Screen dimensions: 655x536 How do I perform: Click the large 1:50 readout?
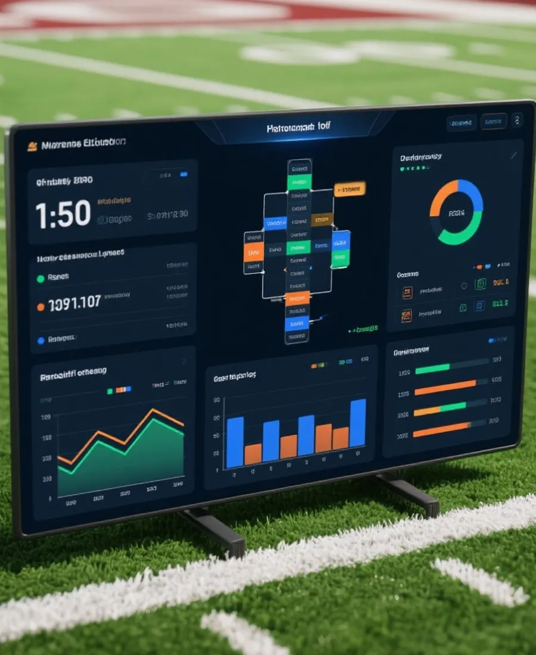click(63, 214)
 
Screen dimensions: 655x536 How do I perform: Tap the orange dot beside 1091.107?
click(40, 307)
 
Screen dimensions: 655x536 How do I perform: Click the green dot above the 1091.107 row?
click(40, 278)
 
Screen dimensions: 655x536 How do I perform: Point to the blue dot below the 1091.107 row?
click(40, 341)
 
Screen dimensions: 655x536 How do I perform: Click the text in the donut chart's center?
click(456, 213)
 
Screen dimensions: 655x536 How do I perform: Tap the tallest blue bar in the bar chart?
click(358, 423)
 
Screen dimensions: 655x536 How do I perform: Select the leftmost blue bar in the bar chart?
click(235, 442)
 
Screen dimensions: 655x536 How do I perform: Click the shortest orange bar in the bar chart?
click(253, 454)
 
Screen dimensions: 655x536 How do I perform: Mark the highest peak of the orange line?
click(154, 410)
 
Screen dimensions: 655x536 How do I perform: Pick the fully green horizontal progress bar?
click(432, 369)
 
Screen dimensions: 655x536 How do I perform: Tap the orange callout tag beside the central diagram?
click(350, 189)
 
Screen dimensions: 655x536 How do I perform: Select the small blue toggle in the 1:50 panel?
click(183, 174)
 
